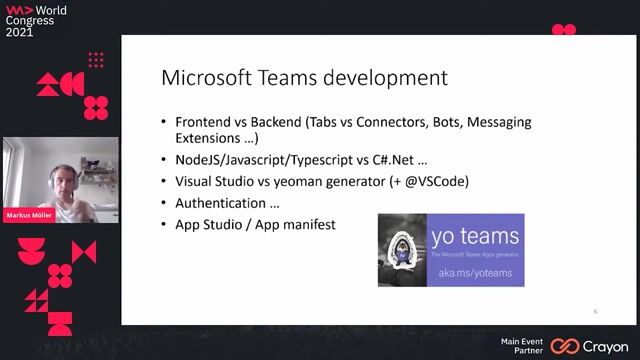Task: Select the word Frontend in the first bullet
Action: tap(209, 122)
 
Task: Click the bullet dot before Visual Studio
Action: tap(165, 182)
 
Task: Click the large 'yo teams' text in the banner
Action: tap(474, 237)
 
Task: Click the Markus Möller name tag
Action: tap(29, 214)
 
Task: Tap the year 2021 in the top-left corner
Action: tap(20, 32)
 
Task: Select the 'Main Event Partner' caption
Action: tap(523, 346)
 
